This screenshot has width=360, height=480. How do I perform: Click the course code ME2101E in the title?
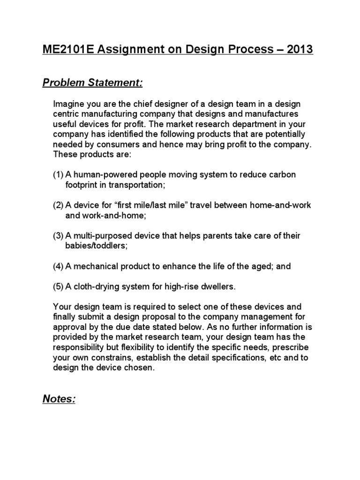tap(70, 49)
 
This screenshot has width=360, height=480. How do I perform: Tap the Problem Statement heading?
tap(92, 83)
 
